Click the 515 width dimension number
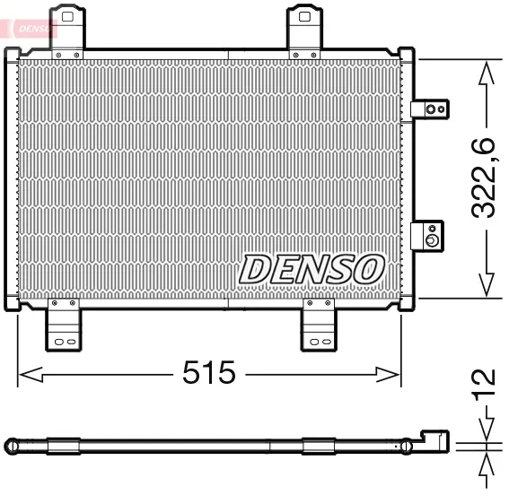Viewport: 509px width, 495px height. point(209,372)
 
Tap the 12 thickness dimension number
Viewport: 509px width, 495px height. point(485,382)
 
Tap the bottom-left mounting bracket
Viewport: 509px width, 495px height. point(63,326)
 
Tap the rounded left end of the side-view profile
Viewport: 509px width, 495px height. point(11,445)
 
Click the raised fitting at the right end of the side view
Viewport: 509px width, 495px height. point(434,440)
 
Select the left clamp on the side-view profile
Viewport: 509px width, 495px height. point(64,445)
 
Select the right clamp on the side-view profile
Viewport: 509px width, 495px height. point(318,445)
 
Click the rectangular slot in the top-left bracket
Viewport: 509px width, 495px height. point(67,14)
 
